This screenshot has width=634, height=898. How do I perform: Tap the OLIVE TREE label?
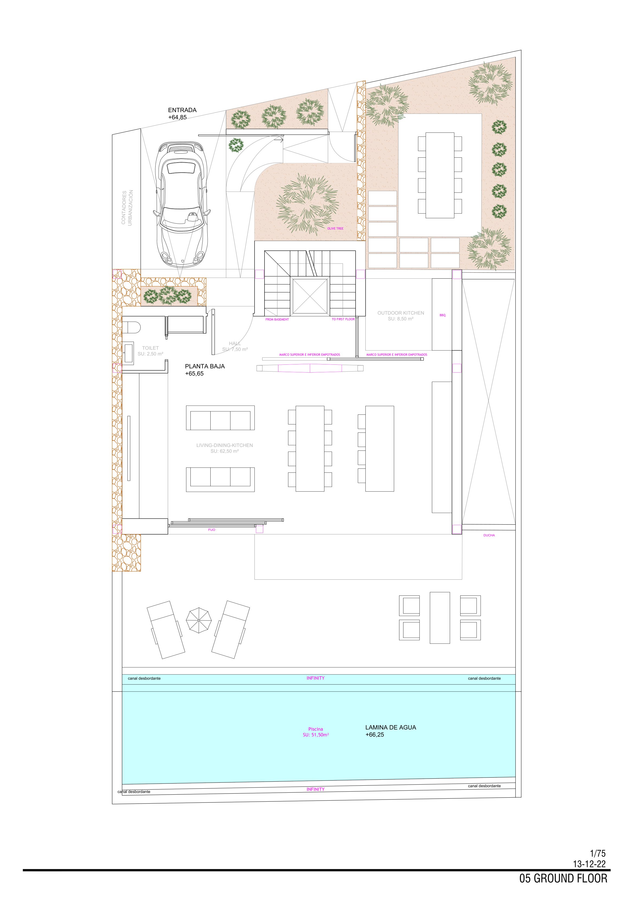pos(335,229)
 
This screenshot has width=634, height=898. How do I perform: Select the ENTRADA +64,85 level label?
pos(182,113)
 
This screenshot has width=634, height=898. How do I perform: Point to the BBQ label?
pos(442,315)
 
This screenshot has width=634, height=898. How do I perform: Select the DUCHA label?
pos(489,535)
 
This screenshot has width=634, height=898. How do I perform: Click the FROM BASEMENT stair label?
pos(277,319)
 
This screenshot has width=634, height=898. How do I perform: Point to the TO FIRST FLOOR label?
pos(343,319)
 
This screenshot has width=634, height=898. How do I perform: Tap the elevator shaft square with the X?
pos(310,296)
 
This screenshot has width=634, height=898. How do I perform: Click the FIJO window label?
pos(211,529)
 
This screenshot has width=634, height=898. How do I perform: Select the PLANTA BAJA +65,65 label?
pos(205,370)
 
